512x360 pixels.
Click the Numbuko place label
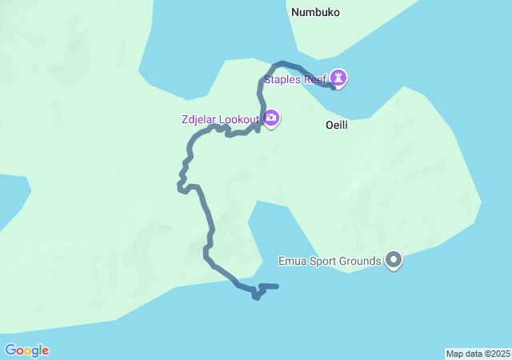[316, 12]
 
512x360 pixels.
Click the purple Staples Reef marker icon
[339, 78]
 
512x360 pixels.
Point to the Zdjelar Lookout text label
[221, 119]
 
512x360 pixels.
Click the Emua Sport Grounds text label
[330, 261]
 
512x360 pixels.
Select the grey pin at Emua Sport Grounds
[393, 260]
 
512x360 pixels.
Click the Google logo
[26, 350]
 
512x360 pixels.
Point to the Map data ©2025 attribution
[478, 354]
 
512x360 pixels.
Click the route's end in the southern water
[276, 286]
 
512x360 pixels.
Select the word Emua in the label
[291, 261]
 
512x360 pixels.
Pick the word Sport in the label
[322, 261]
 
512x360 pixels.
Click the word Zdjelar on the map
[198, 119]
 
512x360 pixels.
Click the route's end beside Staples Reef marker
[333, 86]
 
